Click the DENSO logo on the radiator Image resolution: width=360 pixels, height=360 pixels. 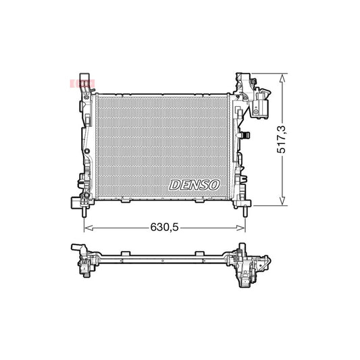(x=194, y=184)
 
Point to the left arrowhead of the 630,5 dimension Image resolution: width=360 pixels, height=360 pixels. (x=87, y=227)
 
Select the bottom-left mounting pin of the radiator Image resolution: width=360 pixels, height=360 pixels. (x=84, y=211)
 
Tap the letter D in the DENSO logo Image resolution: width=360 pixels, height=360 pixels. (x=174, y=184)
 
